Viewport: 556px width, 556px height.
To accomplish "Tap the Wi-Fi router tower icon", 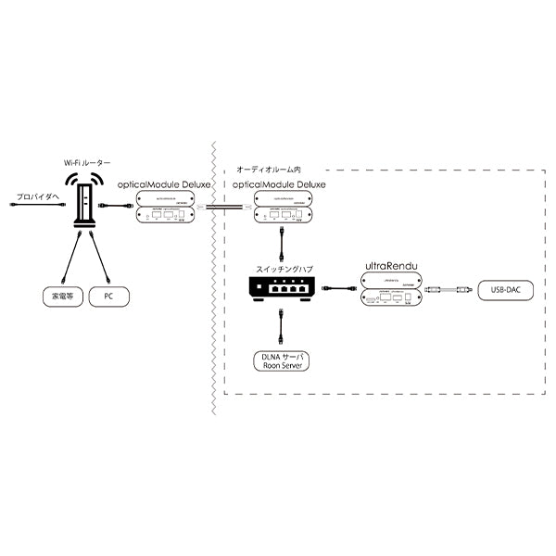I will [x=85, y=205].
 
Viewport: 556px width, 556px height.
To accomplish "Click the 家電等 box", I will [x=60, y=298].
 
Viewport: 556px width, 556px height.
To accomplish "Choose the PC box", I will [x=108, y=298].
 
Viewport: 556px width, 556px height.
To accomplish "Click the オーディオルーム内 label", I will [x=270, y=171].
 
